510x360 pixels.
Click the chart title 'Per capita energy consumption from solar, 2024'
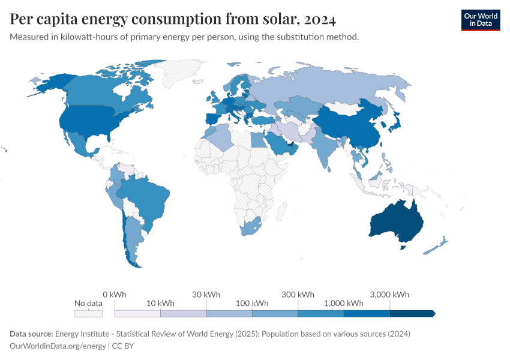tap(173, 19)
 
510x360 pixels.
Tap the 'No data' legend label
tap(88, 303)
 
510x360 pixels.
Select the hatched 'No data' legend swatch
tap(88, 313)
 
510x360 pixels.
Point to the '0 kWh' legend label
tap(115, 295)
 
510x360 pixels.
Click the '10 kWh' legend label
tap(160, 303)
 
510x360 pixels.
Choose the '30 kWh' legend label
tap(206, 295)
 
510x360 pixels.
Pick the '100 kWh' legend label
tap(252, 303)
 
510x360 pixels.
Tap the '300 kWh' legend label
tap(298, 295)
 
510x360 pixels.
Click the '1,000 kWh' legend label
tap(343, 303)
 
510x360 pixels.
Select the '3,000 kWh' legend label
tap(389, 295)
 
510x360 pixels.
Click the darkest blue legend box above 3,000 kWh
tap(412, 313)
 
